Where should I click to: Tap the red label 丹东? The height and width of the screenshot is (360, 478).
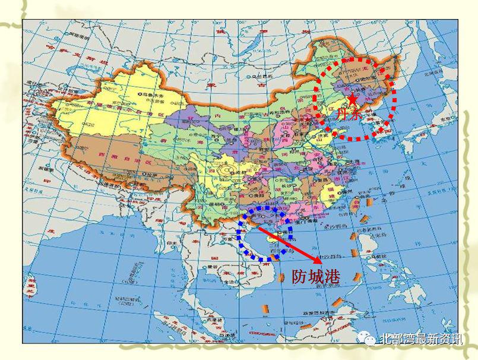click(x=349, y=115)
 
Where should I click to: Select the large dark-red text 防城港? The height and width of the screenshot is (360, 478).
click(x=316, y=277)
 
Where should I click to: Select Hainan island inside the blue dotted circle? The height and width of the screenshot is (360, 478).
click(x=274, y=241)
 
